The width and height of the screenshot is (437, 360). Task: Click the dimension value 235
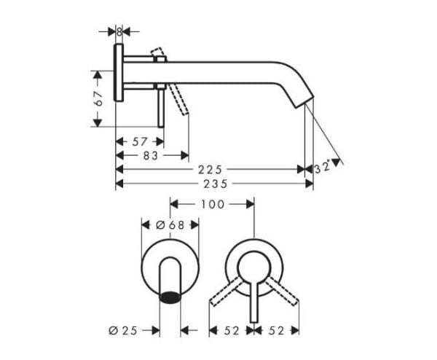213,183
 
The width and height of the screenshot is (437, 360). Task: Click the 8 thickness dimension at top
118,31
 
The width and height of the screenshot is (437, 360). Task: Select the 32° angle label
323,167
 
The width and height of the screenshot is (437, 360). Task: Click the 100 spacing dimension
212,204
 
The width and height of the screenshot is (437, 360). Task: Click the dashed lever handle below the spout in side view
180,99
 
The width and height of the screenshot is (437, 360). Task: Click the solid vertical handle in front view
253,295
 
